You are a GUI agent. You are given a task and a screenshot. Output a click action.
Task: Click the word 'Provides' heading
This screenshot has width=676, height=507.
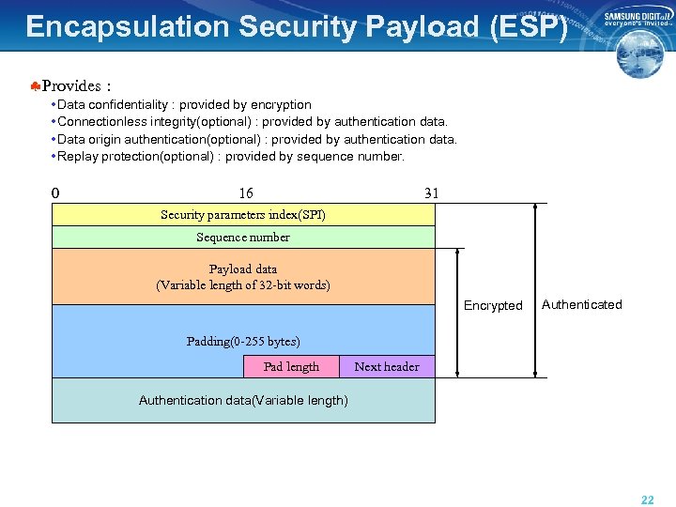pyautogui.click(x=71, y=86)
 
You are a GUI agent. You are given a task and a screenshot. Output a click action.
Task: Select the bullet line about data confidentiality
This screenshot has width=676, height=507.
pyautogui.click(x=184, y=104)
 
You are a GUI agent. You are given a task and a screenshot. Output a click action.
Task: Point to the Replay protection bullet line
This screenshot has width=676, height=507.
pyautogui.click(x=231, y=156)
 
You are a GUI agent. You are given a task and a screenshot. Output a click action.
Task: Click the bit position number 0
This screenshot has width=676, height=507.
pyautogui.click(x=55, y=193)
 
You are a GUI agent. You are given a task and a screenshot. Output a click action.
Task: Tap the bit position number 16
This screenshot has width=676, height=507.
pyautogui.click(x=245, y=193)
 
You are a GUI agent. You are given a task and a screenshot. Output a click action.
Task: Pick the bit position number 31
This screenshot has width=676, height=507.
pyautogui.click(x=431, y=193)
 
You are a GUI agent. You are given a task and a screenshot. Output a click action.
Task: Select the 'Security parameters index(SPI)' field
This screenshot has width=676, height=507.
pyautogui.click(x=243, y=215)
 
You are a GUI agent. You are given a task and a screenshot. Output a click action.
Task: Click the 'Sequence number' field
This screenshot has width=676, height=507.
pyautogui.click(x=243, y=238)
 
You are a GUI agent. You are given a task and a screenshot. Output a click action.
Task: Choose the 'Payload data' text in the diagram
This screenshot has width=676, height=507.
pyautogui.click(x=243, y=277)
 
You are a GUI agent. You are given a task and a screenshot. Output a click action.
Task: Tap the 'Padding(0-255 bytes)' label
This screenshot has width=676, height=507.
pyautogui.click(x=243, y=342)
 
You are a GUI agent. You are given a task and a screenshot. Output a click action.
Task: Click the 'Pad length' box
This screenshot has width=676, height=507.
pyautogui.click(x=291, y=367)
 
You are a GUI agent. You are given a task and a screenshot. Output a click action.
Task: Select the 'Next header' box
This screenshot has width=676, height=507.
pyautogui.click(x=387, y=367)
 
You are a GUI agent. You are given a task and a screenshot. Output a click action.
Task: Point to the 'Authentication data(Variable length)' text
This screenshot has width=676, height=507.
pyautogui.click(x=243, y=401)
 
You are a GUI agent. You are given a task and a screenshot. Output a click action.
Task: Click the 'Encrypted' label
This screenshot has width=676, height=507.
pyautogui.click(x=493, y=305)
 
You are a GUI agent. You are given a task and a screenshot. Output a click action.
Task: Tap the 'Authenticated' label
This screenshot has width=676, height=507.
pyautogui.click(x=582, y=304)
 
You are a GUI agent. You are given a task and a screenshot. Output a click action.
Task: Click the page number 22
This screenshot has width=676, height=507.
pyautogui.click(x=647, y=500)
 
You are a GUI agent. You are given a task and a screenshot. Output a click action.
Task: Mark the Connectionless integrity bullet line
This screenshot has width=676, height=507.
pyautogui.click(x=253, y=121)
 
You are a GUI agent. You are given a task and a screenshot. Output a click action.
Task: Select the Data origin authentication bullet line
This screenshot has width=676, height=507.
pyautogui.click(x=257, y=139)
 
